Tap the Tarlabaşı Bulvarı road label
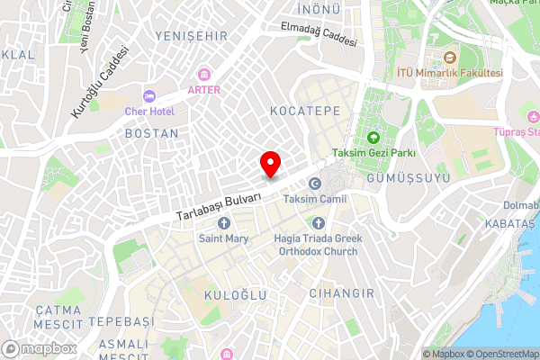click(219, 208)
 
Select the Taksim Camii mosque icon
click(315, 184)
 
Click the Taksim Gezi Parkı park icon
click(373, 138)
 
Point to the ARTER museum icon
click(204, 74)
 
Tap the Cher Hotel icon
click(149, 96)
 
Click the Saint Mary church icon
click(223, 223)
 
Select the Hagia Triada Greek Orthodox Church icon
click(316, 222)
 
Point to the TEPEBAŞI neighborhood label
click(121, 322)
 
